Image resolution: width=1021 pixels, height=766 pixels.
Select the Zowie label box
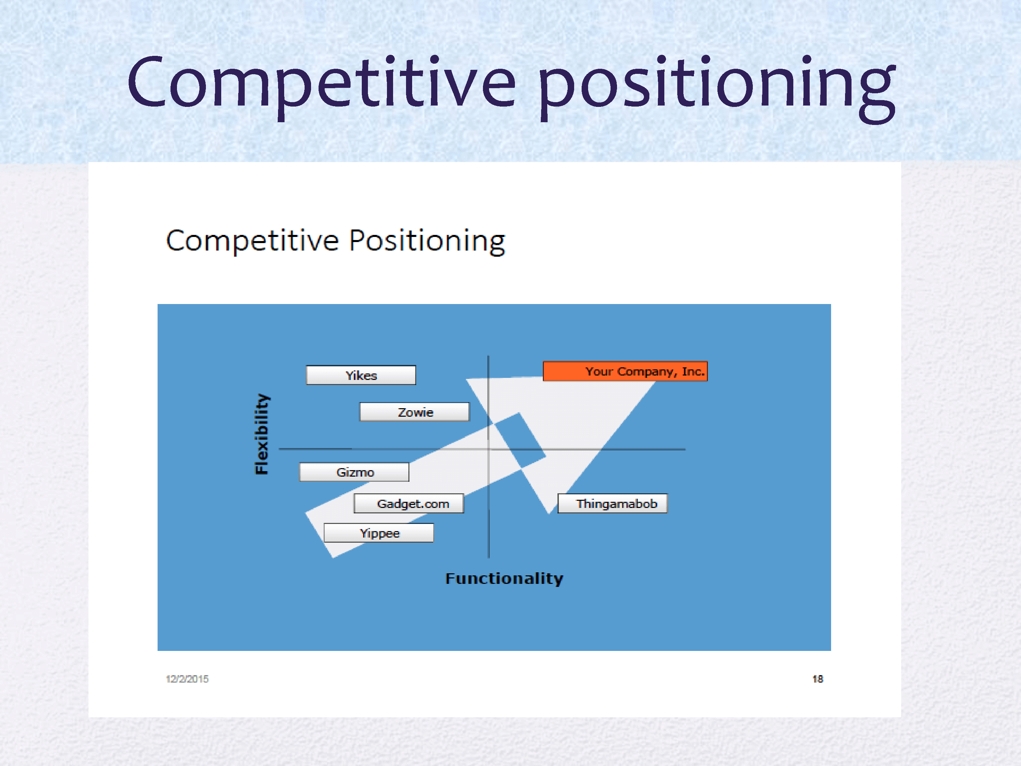(415, 412)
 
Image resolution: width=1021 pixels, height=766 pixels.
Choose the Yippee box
(378, 533)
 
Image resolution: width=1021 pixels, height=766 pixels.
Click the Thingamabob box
(613, 503)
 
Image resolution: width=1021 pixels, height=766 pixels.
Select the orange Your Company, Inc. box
(625, 371)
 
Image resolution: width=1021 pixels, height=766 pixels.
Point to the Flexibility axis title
(262, 434)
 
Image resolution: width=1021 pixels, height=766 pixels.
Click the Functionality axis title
(504, 578)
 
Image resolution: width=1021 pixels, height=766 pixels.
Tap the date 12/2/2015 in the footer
(187, 679)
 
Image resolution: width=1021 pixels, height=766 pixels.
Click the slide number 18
(817, 679)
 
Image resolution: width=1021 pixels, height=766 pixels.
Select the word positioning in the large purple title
(716, 88)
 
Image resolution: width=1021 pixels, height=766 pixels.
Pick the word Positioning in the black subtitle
(427, 241)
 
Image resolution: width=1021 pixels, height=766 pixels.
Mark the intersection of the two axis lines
(489, 449)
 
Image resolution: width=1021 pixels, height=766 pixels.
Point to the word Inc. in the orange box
(693, 371)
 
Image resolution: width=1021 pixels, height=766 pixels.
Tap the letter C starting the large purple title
(147, 82)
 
